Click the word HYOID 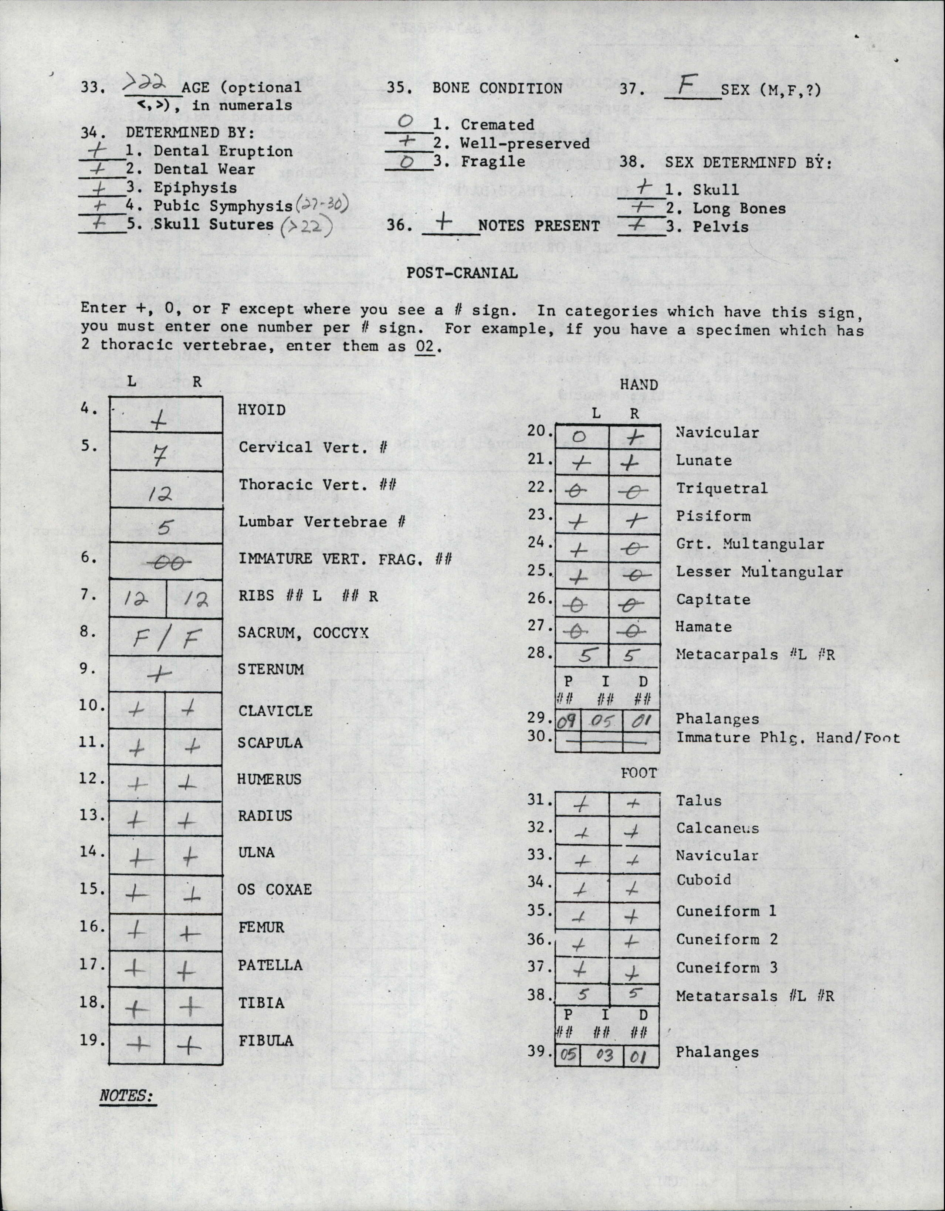pyautogui.click(x=262, y=410)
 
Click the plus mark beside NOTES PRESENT pyautogui.click(x=444, y=223)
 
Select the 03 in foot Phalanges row pyautogui.click(x=603, y=1055)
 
